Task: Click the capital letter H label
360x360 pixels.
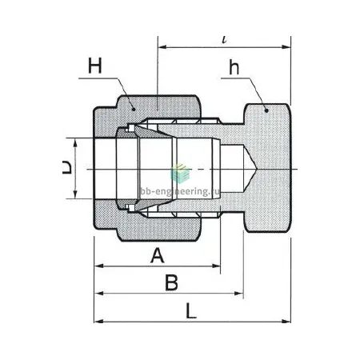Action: point(95,66)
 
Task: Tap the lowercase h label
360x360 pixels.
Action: point(234,67)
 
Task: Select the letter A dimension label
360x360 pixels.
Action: point(158,255)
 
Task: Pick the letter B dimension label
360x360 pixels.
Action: point(171,282)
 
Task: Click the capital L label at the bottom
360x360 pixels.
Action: point(191,311)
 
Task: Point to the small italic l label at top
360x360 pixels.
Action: point(225,40)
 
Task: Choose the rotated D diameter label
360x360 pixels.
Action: point(67,167)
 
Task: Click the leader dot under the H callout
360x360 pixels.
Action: point(134,109)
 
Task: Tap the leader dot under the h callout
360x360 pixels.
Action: point(266,110)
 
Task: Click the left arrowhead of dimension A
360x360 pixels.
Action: point(99,266)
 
